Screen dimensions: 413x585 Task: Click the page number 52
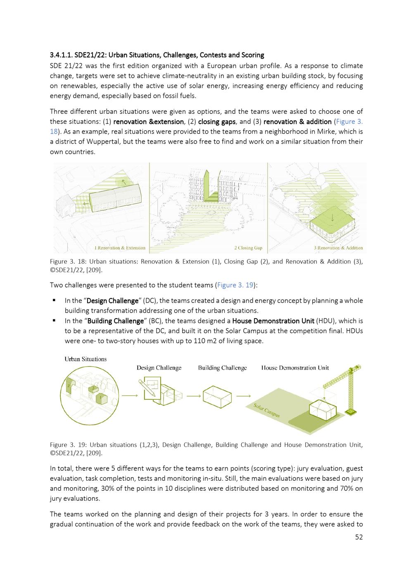[359, 537]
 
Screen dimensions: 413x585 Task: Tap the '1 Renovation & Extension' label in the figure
[120, 248]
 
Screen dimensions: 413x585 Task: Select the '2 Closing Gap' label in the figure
[248, 248]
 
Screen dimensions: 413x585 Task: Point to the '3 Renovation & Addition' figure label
[338, 248]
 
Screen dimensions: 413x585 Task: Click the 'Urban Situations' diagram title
[85, 359]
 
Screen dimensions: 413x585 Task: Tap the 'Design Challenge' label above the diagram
[159, 368]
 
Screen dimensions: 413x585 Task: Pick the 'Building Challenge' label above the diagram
[223, 368]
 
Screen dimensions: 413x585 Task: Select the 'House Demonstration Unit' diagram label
[295, 368]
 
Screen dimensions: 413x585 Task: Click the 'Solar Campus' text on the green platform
[266, 410]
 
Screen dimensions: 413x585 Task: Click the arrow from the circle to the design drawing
[130, 396]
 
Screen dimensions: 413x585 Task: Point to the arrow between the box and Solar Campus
[243, 396]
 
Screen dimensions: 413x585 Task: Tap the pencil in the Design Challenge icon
[147, 388]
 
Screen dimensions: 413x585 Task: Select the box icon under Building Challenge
[217, 397]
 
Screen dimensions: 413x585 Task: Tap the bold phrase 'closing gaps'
[217, 122]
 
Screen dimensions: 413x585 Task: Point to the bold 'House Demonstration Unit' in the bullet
[273, 321]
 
